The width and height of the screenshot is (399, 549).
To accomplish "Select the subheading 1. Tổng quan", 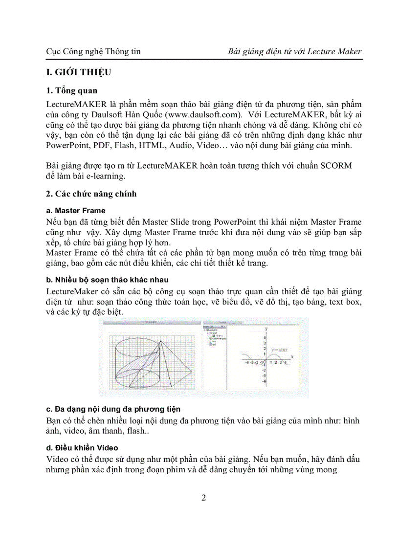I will (x=71, y=90).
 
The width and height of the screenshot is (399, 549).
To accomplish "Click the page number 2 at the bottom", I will (x=203, y=498).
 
